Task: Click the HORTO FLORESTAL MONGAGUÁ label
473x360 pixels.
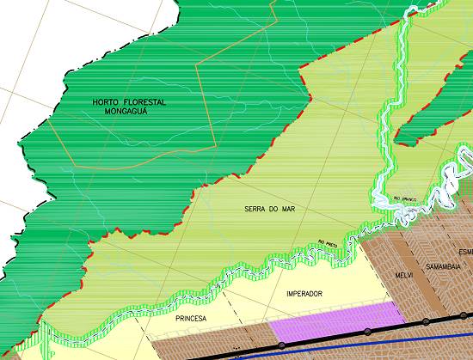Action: click(129, 107)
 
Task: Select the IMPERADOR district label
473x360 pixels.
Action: click(304, 294)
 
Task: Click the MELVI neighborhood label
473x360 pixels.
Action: click(404, 274)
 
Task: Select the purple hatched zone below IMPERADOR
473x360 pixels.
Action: click(335, 322)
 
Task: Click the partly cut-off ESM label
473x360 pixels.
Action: click(465, 252)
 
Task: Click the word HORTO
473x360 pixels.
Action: click(105, 102)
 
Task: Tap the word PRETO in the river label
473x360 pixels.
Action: click(332, 241)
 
